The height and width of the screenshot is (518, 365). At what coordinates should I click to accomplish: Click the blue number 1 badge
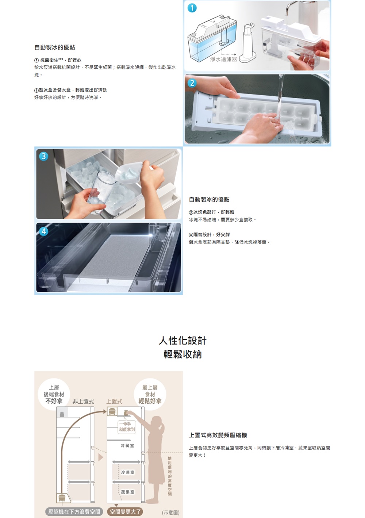(x=192, y=8)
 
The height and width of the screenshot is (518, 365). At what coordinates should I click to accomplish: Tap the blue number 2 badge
(x=192, y=83)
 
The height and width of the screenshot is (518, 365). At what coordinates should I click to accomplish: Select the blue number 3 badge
(x=43, y=156)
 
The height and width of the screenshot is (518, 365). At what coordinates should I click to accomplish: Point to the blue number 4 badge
(x=43, y=231)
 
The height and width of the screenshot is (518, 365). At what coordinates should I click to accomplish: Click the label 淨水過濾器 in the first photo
(x=223, y=59)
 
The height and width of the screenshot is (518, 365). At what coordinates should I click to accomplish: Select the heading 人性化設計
(x=182, y=341)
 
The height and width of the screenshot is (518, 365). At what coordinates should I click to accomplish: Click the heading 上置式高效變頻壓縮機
(x=218, y=435)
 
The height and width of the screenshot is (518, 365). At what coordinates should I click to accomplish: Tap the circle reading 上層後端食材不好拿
(x=54, y=394)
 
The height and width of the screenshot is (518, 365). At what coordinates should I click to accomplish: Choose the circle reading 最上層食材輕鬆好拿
(x=150, y=394)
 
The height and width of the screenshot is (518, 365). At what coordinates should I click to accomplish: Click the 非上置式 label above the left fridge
(x=83, y=402)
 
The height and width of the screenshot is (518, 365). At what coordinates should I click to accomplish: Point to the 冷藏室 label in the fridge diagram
(x=127, y=446)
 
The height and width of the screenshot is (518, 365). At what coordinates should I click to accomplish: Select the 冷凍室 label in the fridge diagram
(x=127, y=472)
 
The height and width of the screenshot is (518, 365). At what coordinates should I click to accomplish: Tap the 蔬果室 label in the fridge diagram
(x=127, y=492)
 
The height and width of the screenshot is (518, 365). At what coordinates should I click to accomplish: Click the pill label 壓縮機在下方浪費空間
(x=74, y=512)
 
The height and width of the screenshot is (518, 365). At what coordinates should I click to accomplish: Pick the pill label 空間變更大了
(x=125, y=512)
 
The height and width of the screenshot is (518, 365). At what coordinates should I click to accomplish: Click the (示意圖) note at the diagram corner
(x=170, y=513)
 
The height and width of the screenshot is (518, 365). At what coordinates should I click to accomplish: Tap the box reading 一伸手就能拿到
(x=127, y=427)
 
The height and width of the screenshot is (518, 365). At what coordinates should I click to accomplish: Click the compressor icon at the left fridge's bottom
(x=62, y=498)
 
